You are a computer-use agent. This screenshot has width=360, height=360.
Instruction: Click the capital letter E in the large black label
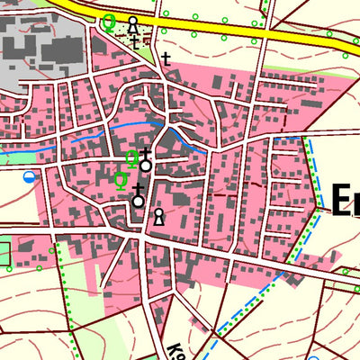pyautogui.click(x=342, y=200)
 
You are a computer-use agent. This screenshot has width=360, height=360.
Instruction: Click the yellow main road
pyautogui.click(x=234, y=31)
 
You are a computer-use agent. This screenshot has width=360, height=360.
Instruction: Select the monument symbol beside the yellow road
pyautogui.click(x=133, y=23)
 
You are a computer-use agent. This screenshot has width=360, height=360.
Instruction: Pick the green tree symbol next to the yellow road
pyautogui.click(x=109, y=22)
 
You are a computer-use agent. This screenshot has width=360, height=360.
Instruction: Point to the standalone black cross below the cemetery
pyautogui.click(x=166, y=58)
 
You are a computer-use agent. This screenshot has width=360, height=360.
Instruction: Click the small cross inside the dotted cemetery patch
pyautogui.click(x=134, y=41)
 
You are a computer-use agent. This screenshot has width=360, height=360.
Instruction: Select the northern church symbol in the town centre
pyautogui.click(x=145, y=163)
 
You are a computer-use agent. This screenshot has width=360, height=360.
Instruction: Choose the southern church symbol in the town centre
pyautogui.click(x=138, y=197)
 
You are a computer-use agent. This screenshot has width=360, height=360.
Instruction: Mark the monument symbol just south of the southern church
pyautogui.click(x=158, y=216)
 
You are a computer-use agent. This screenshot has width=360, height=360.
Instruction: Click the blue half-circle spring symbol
pyautogui.click(x=31, y=176)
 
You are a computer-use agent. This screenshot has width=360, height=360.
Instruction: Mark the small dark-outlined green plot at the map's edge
pyautogui.click(x=5, y=252)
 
